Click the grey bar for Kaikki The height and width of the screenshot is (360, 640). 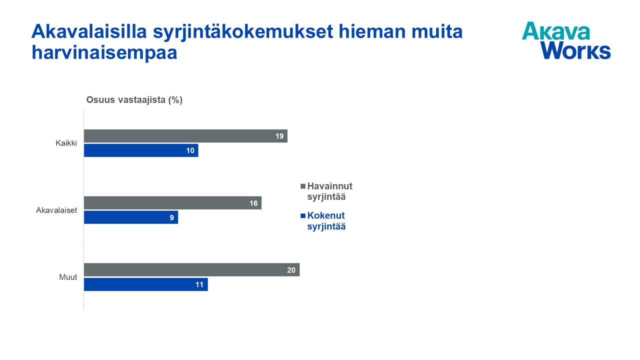click(x=185, y=136)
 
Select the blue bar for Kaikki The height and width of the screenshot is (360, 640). click(x=141, y=150)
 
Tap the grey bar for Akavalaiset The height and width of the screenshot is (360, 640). click(x=172, y=203)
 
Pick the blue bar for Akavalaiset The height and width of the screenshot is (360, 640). click(x=131, y=217)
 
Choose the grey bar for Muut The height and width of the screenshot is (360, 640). click(x=191, y=269)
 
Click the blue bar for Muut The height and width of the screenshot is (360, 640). click(x=145, y=284)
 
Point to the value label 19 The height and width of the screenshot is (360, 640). click(x=279, y=136)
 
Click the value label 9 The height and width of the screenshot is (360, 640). click(x=171, y=217)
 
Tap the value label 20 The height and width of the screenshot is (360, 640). click(x=291, y=270)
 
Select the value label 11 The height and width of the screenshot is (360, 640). click(x=199, y=284)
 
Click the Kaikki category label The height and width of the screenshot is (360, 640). click(x=66, y=143)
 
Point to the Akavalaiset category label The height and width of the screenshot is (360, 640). click(x=56, y=210)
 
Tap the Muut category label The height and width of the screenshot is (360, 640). click(x=68, y=277)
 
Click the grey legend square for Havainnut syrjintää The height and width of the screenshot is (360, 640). click(x=303, y=186)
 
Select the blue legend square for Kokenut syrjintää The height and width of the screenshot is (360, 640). click(x=303, y=215)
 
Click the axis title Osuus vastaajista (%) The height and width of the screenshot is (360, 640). click(x=134, y=100)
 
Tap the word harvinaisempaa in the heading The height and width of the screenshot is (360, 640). click(x=104, y=52)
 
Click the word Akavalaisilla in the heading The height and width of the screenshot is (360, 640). click(x=89, y=31)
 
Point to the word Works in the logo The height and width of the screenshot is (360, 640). click(x=575, y=50)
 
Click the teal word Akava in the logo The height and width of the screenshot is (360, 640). click(x=556, y=31)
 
